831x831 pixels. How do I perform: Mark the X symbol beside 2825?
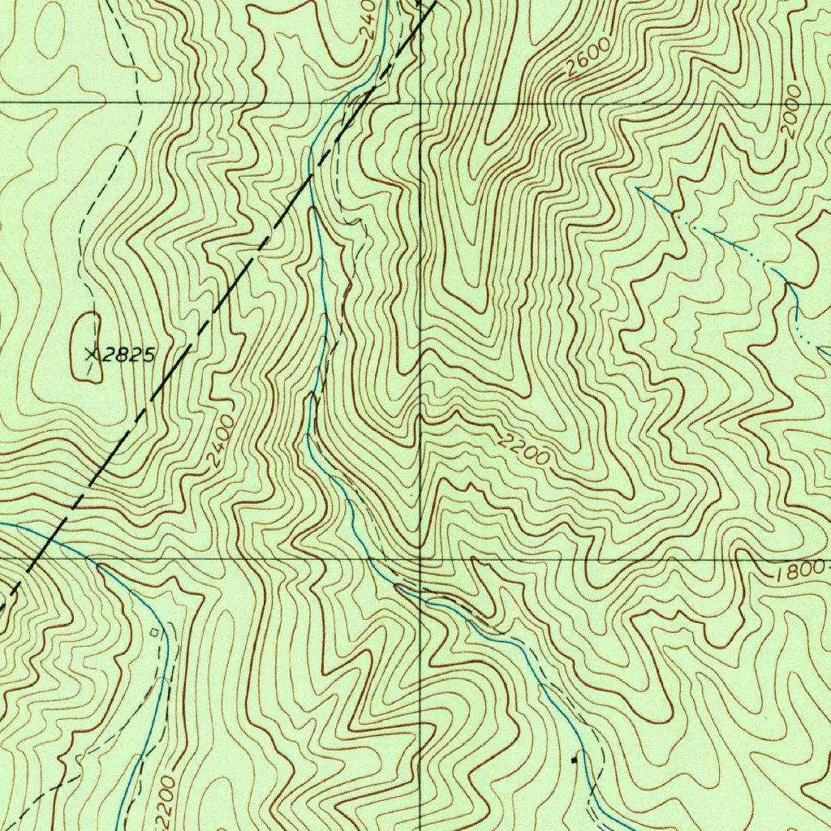click(91, 354)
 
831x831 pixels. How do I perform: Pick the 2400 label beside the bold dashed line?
click(221, 441)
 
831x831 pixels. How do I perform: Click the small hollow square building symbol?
click(156, 629)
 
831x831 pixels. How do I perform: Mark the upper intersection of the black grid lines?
click(420, 103)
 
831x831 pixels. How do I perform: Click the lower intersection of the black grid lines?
click(420, 559)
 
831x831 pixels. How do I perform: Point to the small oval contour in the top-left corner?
click(49, 30)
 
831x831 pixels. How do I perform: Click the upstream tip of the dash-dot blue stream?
click(639, 189)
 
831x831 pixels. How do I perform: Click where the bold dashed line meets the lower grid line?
click(30, 559)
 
